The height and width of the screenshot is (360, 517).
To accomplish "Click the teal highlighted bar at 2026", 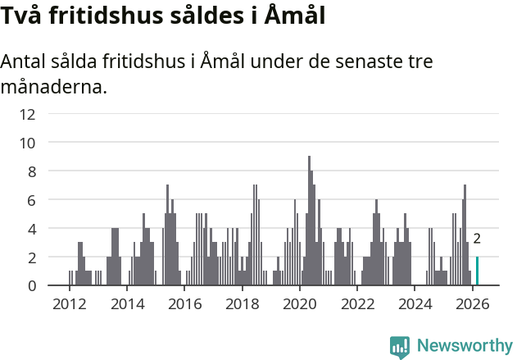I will (x=478, y=271).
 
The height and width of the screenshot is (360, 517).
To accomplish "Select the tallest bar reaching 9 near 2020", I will (x=309, y=221).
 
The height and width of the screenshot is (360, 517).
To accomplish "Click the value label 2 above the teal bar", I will (x=477, y=239).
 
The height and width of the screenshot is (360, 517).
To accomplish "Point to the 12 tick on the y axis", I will (x=27, y=114).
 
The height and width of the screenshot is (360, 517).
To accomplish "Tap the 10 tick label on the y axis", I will (x=27, y=143).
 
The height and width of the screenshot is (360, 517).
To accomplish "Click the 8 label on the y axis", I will (x=30, y=171).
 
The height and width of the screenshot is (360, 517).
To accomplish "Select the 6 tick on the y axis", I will (x=30, y=200).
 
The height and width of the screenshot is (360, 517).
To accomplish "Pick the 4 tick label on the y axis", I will (x=30, y=229).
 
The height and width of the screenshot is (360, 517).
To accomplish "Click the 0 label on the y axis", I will (x=30, y=285).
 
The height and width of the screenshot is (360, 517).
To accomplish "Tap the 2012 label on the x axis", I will (x=69, y=305).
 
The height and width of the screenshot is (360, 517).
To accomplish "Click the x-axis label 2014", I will (x=126, y=305).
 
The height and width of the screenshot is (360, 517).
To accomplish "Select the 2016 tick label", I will (x=184, y=305).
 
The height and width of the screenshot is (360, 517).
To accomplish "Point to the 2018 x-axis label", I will (x=242, y=305).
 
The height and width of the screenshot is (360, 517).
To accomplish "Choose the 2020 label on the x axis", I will (x=299, y=305).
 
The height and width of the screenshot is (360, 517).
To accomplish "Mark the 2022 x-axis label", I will (x=357, y=305).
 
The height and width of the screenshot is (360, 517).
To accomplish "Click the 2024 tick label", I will (x=415, y=305).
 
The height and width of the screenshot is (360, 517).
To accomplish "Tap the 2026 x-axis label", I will (x=472, y=305).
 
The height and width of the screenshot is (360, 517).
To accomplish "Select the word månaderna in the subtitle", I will (x=54, y=86).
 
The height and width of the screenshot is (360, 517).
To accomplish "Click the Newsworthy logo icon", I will (x=400, y=346).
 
